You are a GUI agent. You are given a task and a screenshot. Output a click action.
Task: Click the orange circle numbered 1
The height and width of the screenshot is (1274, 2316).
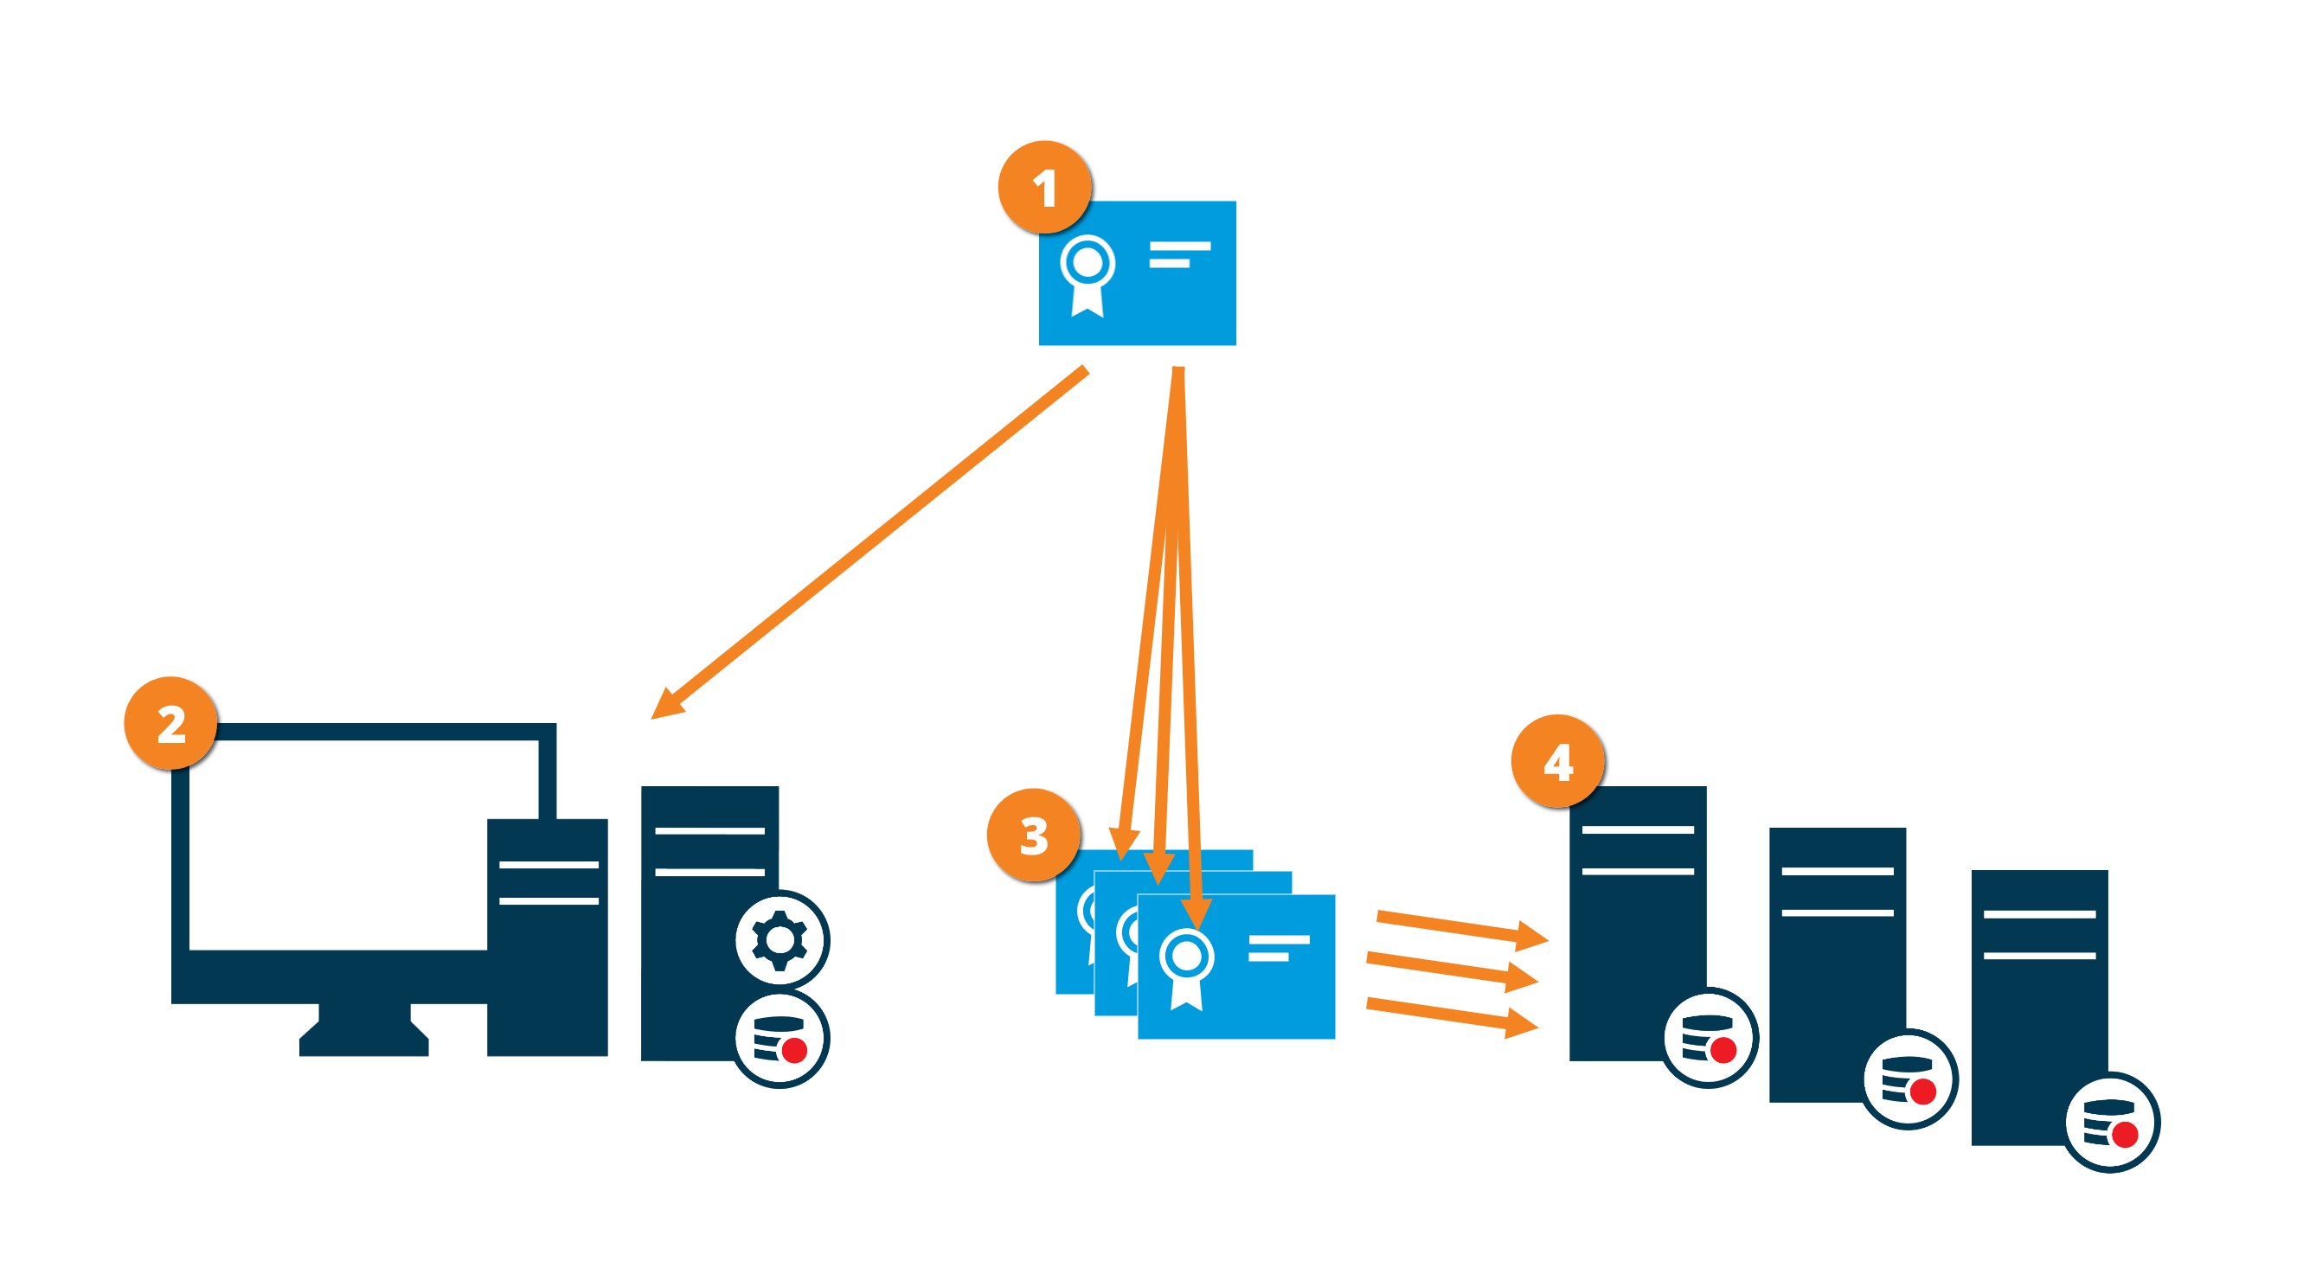[x=1045, y=188]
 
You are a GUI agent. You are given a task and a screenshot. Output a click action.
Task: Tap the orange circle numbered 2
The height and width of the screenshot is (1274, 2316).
[x=170, y=724]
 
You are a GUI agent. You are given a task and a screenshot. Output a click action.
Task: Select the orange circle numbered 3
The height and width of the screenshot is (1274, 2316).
[x=1034, y=835]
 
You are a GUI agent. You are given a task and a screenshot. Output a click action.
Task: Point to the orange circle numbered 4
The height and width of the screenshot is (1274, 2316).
[x=1558, y=761]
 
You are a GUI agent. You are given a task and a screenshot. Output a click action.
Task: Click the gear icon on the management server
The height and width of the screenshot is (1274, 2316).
[x=779, y=940]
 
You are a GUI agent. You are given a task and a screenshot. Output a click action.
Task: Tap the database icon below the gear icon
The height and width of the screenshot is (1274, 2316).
[x=779, y=1039]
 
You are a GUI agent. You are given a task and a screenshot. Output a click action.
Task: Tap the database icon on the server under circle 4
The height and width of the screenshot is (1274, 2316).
[x=1708, y=1039]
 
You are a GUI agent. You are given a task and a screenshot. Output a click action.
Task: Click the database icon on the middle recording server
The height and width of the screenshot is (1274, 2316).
[x=1908, y=1079]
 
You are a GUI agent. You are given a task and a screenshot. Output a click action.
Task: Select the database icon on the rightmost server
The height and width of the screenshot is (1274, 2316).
[x=2110, y=1123]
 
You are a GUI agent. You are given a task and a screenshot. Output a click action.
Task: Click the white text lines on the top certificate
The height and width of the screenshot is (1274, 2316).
[x=1178, y=254]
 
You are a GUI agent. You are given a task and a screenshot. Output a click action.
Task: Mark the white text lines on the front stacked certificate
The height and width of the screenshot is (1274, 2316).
[x=1278, y=948]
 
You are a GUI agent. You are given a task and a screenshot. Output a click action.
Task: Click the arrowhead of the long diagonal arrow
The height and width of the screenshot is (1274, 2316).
[x=666, y=705]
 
